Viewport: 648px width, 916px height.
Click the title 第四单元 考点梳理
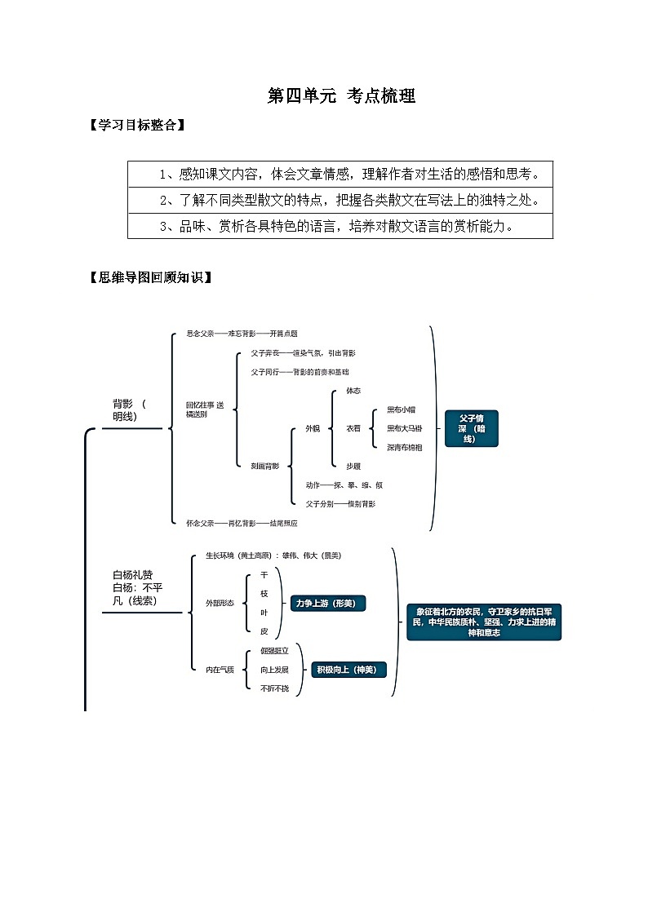(x=341, y=96)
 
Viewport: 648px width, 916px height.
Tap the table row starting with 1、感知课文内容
(x=340, y=174)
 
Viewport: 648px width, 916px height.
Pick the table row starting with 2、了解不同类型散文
(x=340, y=200)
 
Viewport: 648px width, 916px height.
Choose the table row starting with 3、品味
(x=340, y=226)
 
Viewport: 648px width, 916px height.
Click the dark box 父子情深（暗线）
(x=471, y=428)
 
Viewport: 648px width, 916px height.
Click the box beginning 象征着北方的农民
(x=484, y=622)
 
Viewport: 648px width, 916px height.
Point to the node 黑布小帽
(x=401, y=409)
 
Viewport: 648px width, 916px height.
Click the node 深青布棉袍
(x=404, y=447)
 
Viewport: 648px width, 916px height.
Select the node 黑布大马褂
(x=404, y=428)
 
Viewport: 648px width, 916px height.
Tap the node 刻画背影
(x=264, y=466)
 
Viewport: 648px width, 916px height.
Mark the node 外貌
(x=313, y=428)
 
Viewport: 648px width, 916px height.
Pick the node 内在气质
(x=220, y=670)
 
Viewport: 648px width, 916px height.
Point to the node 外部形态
(x=220, y=603)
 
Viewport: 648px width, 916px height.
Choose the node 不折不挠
(x=274, y=688)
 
